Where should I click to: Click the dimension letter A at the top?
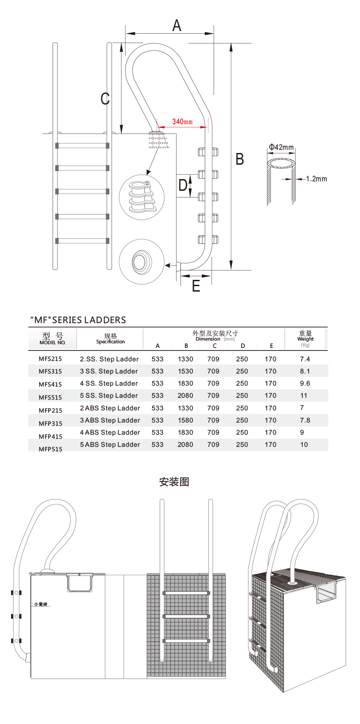[177, 25]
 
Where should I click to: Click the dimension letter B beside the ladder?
[240, 159]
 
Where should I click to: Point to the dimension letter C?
[105, 99]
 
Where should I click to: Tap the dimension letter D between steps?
[183, 184]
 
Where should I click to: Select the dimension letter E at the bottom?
[196, 286]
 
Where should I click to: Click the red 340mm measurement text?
[182, 121]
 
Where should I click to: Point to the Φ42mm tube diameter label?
[281, 147]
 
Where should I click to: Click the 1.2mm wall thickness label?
[316, 179]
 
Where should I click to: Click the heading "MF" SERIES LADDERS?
[78, 320]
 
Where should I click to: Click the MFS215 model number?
[50, 359]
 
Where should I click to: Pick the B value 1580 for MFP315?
[185, 420]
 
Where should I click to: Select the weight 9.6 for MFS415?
[305, 383]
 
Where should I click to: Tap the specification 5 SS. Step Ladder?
[109, 396]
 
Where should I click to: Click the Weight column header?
[306, 338]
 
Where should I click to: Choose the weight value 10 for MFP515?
[304, 445]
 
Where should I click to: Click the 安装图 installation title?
[174, 482]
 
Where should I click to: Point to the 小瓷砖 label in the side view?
[42, 604]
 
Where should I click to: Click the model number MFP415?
[50, 436]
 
